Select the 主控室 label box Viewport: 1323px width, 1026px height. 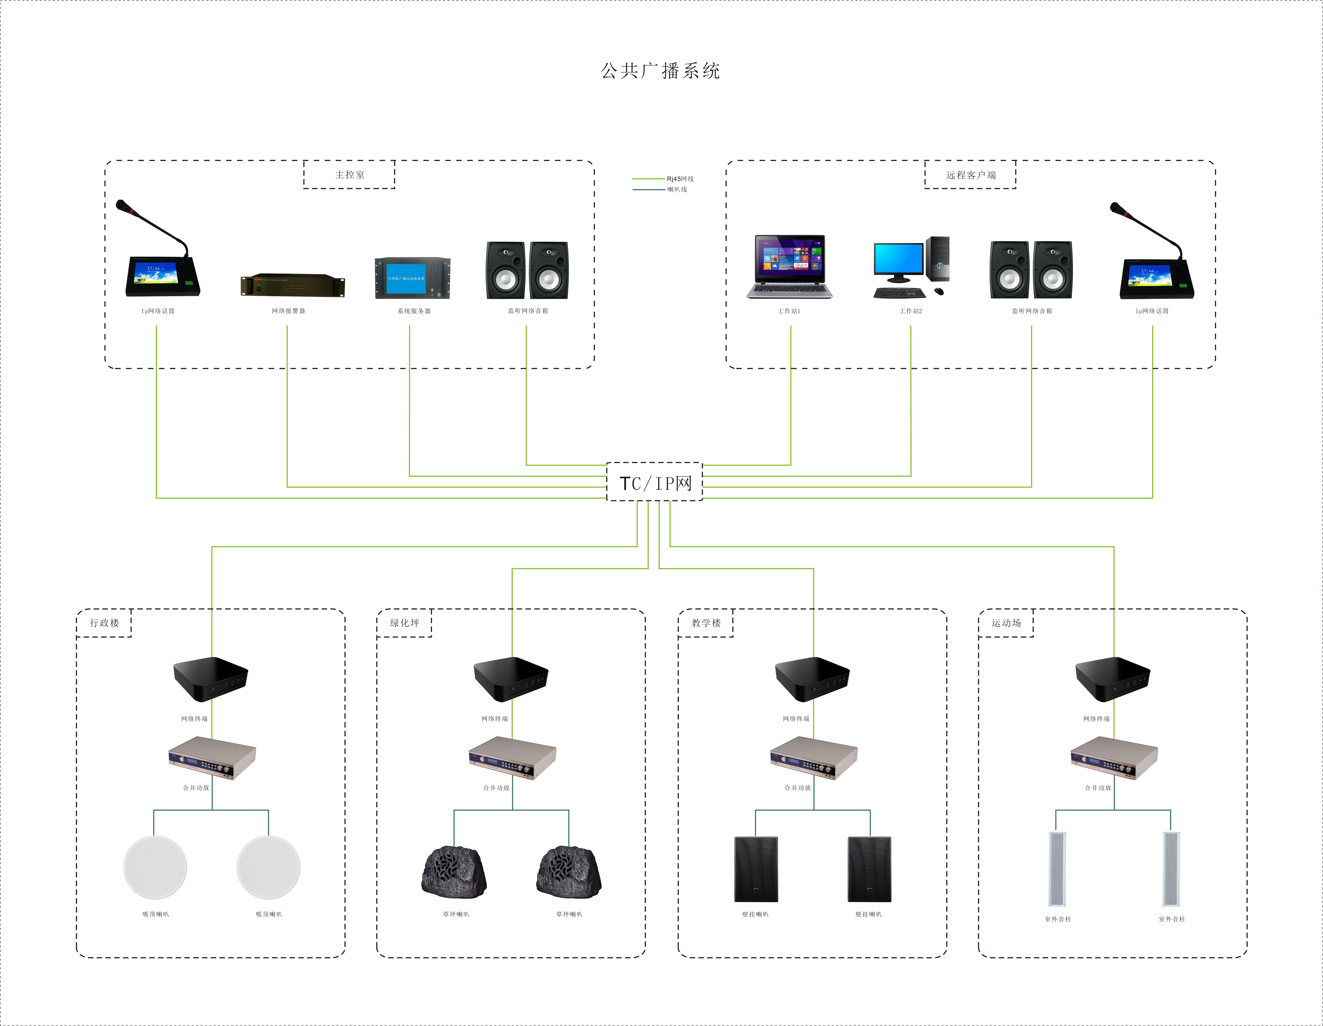tap(349, 175)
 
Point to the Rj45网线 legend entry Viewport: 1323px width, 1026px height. tap(680, 179)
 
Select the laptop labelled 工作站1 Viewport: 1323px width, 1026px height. tap(789, 267)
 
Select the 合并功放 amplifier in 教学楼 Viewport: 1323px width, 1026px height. tap(814, 758)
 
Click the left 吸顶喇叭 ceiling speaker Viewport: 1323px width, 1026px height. tap(155, 867)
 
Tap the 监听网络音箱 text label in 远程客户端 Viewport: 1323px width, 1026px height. tap(1032, 311)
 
